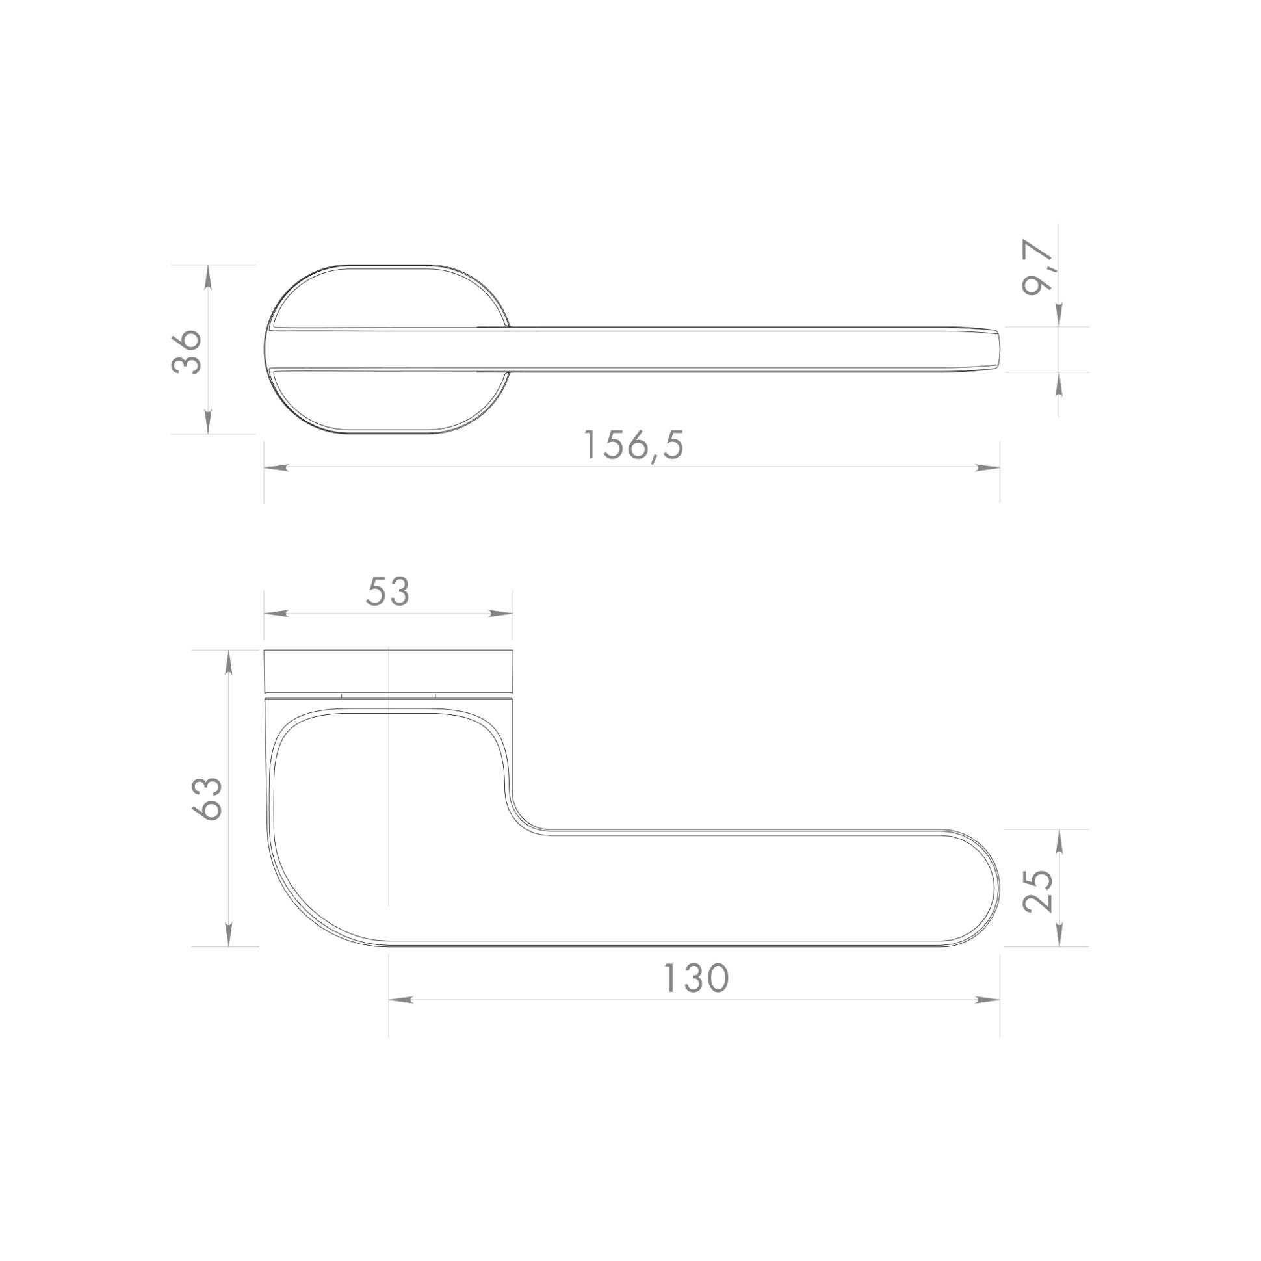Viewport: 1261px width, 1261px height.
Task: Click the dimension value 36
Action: coord(187,351)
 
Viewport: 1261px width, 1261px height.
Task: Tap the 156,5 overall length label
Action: coord(633,445)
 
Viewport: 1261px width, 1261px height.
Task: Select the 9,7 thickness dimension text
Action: coord(1038,268)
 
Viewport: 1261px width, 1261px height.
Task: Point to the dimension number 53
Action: coord(387,592)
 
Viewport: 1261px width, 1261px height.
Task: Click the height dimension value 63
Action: coord(207,798)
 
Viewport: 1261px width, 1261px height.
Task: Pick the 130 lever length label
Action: coord(695,979)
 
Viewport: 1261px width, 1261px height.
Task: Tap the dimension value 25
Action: coord(1038,890)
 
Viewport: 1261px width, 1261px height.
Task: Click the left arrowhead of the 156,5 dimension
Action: coord(276,467)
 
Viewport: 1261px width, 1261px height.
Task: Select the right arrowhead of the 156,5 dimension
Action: coord(987,467)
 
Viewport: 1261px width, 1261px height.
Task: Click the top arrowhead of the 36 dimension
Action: coord(208,277)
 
